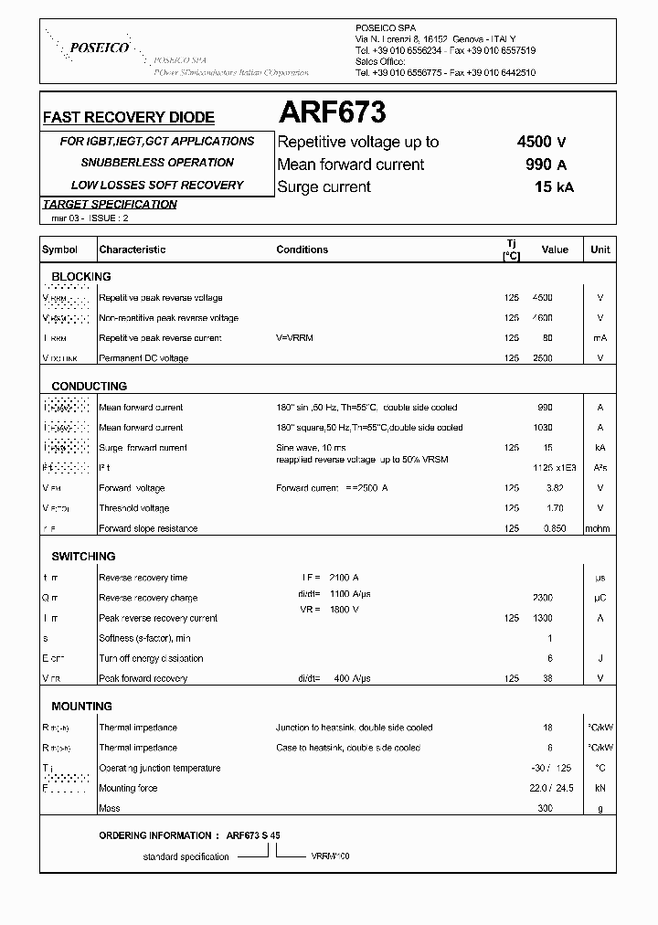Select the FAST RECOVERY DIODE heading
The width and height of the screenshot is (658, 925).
coord(129,117)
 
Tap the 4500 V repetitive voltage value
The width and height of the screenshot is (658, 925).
coord(541,142)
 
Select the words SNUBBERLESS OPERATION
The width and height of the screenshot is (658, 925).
coord(157,163)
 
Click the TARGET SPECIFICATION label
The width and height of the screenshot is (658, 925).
coord(110,204)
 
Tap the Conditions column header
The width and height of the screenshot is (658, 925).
coord(302,250)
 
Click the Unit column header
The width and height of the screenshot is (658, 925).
coord(600,250)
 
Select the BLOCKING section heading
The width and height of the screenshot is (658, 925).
coord(81,276)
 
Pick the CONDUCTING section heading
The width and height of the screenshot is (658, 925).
coord(89,386)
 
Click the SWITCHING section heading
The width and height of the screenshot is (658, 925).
coord(83,556)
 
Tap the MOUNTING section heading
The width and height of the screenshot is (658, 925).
coord(82,706)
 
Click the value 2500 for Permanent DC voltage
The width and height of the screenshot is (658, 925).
coord(544,358)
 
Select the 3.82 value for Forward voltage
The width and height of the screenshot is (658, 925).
coord(544,488)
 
